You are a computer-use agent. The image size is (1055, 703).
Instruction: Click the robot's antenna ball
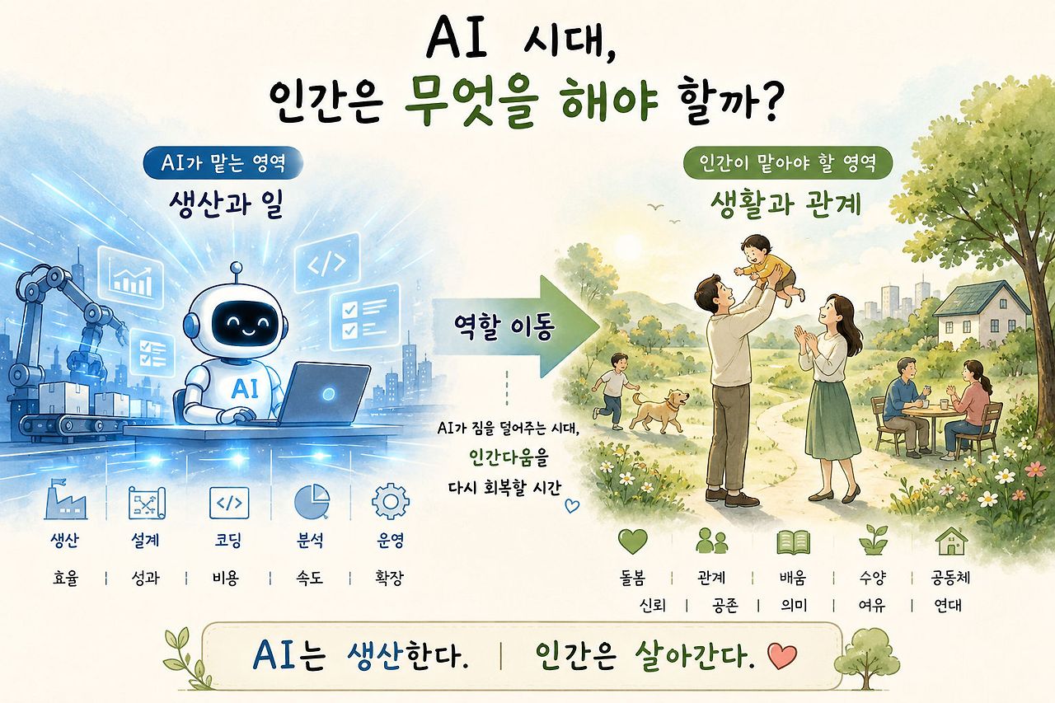[237, 268]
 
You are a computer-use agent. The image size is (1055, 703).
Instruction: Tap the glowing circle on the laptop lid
[328, 394]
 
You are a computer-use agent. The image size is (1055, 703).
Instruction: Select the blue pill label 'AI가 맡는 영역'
[223, 163]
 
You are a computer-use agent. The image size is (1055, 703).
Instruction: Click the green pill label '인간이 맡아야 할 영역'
[787, 163]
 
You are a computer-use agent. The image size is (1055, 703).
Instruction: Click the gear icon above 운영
[390, 502]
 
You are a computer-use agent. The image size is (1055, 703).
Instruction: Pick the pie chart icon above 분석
[312, 501]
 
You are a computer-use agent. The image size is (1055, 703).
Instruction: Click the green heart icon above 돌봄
[632, 541]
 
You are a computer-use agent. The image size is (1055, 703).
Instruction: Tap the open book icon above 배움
[794, 542]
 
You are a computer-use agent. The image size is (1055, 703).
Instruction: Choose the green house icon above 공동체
[951, 541]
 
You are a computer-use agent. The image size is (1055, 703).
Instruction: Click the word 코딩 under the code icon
[228, 540]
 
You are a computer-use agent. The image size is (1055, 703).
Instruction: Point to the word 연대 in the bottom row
[948, 605]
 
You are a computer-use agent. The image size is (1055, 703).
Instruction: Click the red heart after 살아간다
[782, 656]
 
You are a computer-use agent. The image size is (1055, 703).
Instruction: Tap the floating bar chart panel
[130, 278]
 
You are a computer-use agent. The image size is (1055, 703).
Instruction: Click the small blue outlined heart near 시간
[572, 506]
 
